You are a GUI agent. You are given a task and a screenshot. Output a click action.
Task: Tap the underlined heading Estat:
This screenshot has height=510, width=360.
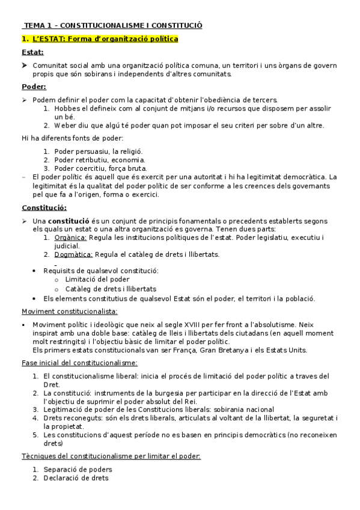(x=32, y=52)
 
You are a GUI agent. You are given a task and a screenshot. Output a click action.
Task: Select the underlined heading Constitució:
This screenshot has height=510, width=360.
(x=44, y=207)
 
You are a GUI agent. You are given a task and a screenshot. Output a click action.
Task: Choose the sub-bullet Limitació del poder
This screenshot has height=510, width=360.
(x=97, y=280)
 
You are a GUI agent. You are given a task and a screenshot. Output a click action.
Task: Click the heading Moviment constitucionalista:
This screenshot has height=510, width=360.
(x=70, y=311)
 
